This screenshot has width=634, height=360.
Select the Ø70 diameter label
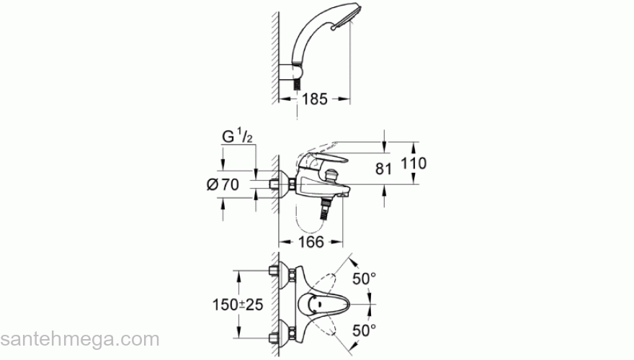[223, 184]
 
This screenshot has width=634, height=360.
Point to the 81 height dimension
[384, 169]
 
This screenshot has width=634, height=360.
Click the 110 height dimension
[414, 163]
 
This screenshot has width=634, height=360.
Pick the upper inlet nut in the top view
[274, 273]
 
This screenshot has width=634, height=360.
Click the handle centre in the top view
[316, 305]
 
